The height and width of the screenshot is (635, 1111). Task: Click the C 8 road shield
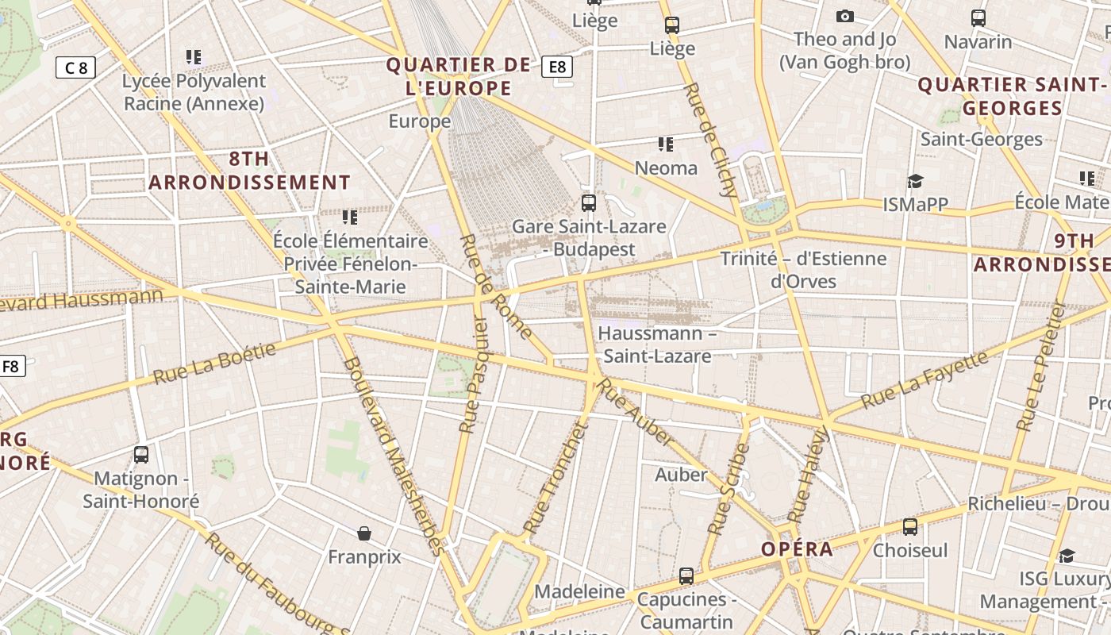pyautogui.click(x=75, y=67)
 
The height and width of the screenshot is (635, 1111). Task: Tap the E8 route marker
pyautogui.click(x=557, y=67)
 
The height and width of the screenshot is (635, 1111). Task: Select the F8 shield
pyautogui.click(x=11, y=366)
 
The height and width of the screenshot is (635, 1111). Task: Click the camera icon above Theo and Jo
pyautogui.click(x=845, y=16)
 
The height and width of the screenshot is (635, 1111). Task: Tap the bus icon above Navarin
pyautogui.click(x=978, y=17)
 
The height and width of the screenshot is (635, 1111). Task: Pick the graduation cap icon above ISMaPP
pyautogui.click(x=916, y=182)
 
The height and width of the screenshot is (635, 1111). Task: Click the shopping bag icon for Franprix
pyautogui.click(x=364, y=533)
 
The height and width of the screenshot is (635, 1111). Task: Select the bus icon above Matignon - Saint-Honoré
pyautogui.click(x=141, y=455)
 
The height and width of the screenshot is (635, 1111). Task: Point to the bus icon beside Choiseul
pyautogui.click(x=910, y=526)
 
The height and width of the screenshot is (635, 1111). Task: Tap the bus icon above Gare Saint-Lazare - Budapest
pyautogui.click(x=588, y=202)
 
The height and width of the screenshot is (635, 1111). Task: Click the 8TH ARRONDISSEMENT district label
pyautogui.click(x=249, y=171)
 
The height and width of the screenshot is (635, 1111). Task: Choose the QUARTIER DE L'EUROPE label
pyautogui.click(x=459, y=76)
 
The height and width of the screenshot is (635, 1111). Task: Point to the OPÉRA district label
pyautogui.click(x=797, y=549)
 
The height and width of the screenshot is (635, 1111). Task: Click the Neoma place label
pyautogui.click(x=666, y=168)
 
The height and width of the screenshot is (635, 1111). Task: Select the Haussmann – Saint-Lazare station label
pyautogui.click(x=657, y=344)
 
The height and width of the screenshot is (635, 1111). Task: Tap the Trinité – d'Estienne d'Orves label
pyautogui.click(x=803, y=270)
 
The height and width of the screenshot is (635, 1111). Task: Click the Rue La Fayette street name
pyautogui.click(x=925, y=379)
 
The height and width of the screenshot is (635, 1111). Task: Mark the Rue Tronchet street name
pyautogui.click(x=556, y=478)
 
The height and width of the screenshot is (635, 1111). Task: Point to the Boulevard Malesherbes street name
pyautogui.click(x=393, y=456)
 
